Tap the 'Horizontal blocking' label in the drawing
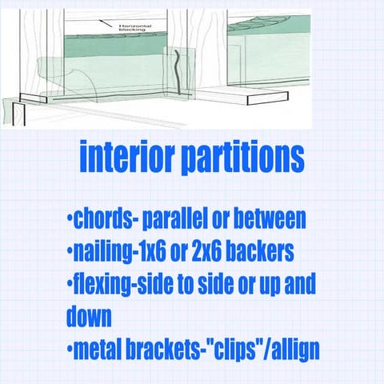[131, 29]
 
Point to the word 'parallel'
[175, 219]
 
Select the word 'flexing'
[105, 285]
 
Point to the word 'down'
[89, 317]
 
